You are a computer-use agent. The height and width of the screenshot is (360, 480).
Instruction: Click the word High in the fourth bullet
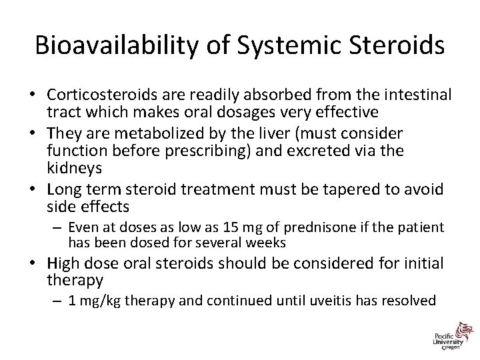(65, 263)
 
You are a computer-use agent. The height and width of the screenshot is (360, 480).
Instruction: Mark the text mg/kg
(98, 301)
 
